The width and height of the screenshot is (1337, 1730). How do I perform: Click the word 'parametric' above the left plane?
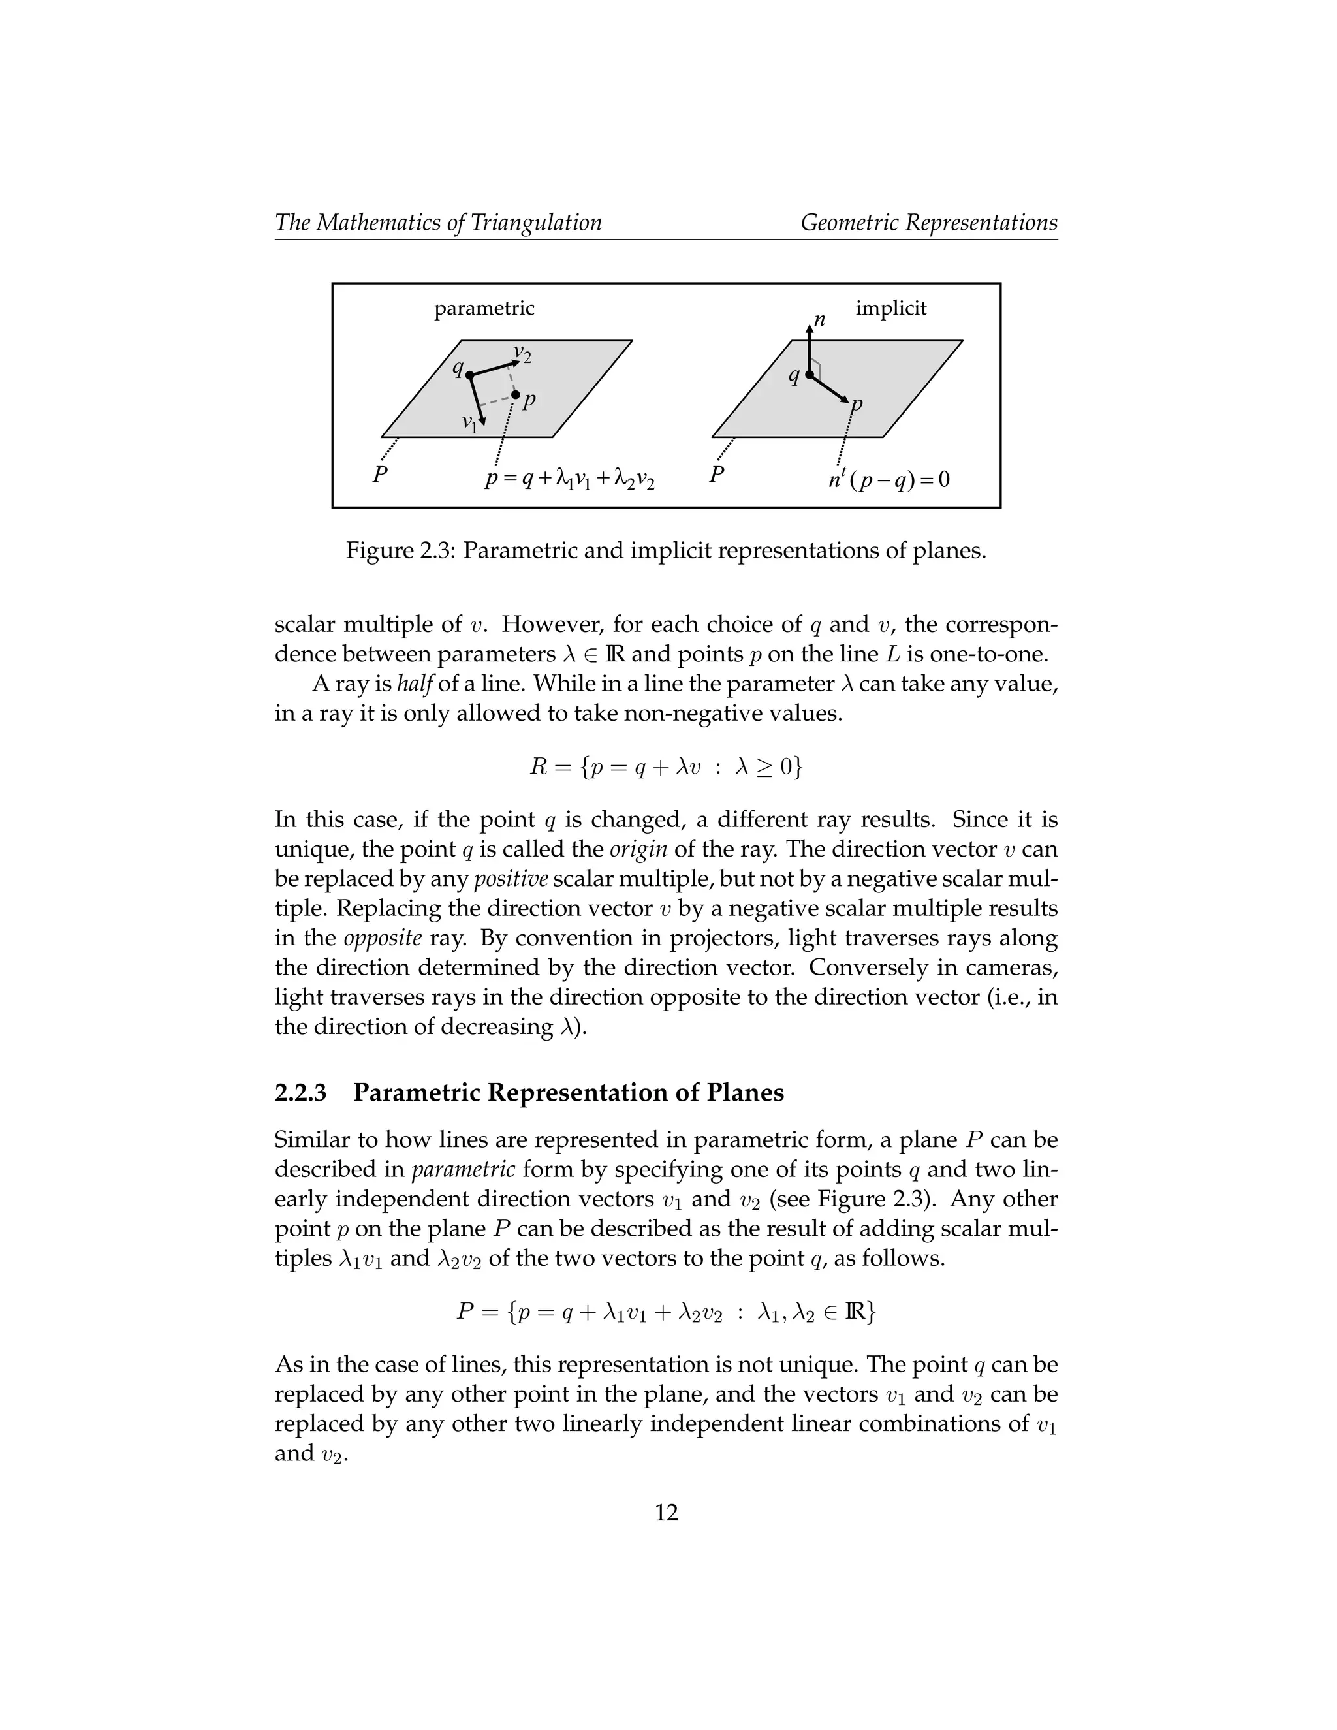click(x=484, y=308)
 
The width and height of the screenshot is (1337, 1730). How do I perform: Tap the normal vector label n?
click(x=820, y=320)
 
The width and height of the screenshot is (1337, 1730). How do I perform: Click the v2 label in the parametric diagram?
click(x=522, y=353)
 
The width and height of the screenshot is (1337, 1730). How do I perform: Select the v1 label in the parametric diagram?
click(x=469, y=422)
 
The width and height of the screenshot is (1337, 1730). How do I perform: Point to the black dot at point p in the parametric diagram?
click(x=515, y=394)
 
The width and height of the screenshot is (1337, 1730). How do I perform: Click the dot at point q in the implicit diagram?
click(x=810, y=375)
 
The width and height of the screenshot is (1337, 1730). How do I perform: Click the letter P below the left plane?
click(x=380, y=476)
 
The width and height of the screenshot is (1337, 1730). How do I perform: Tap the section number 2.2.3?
click(x=300, y=1092)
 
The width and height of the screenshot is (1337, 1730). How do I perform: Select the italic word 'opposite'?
click(x=383, y=938)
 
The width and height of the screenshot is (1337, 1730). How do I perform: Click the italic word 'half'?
click(x=416, y=683)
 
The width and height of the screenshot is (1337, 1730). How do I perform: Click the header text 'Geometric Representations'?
click(x=928, y=223)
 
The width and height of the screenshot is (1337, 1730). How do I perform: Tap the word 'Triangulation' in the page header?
click(x=536, y=223)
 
